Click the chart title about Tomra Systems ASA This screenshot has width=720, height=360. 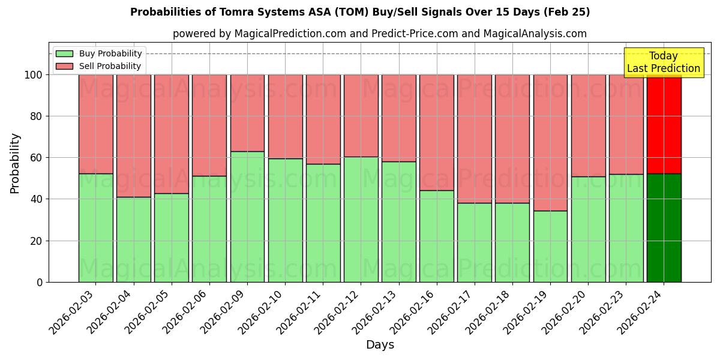[360, 12]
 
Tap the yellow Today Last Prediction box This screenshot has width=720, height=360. [663, 62]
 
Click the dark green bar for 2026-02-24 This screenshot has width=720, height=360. [664, 228]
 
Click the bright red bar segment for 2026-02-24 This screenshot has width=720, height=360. [664, 124]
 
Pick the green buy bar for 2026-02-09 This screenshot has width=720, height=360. [247, 217]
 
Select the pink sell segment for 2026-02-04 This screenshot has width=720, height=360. [133, 136]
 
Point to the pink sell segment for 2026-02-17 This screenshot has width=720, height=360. [475, 139]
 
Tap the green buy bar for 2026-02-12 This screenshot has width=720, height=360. [361, 219]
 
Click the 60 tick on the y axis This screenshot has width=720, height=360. [37, 158]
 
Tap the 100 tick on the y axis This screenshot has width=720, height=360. [34, 75]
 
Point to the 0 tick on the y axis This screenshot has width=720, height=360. [40, 282]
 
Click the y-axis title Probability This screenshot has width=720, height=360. [15, 163]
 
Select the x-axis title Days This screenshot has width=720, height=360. [380, 345]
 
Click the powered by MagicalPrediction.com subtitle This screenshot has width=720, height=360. [379, 34]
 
